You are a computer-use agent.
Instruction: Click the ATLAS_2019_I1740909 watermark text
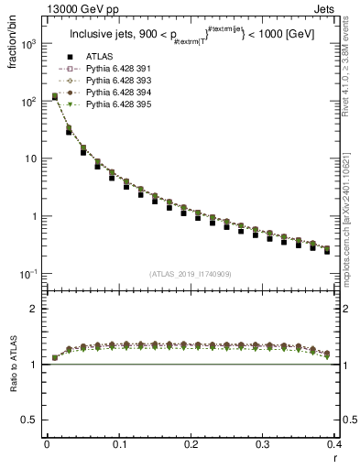point(191,274)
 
